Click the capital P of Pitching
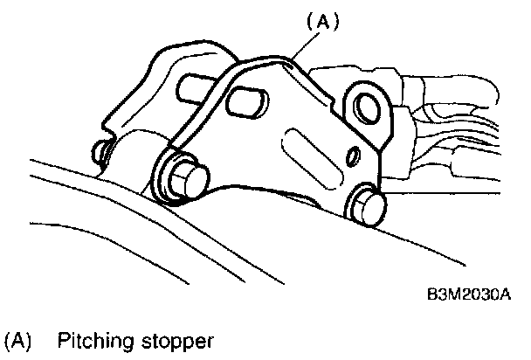63,338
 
